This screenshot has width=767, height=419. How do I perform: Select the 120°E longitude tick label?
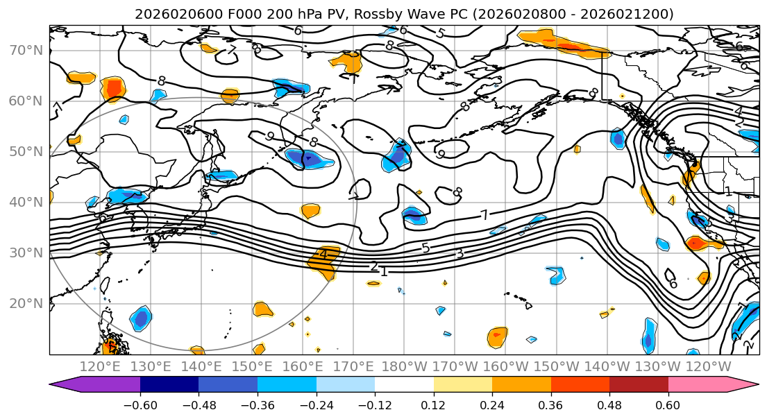tap(99, 366)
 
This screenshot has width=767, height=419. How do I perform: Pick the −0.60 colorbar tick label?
tap(140, 404)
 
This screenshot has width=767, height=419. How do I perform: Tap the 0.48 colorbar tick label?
tap(609, 404)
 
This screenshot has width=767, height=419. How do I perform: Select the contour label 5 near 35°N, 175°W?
tap(425, 248)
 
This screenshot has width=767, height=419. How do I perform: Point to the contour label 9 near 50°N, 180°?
tap(440, 154)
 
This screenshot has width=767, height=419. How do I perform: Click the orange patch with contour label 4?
tap(323, 257)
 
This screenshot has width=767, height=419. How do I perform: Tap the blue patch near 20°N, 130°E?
tap(141, 318)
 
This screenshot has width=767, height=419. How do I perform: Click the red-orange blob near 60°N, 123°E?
tap(113, 88)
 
